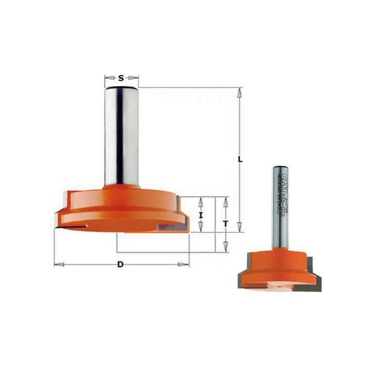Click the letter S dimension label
[x=121, y=78]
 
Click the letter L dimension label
[x=240, y=159]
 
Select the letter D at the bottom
[x=121, y=265]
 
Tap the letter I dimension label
[x=201, y=215]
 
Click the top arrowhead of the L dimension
[x=239, y=93]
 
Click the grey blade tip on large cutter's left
[x=59, y=218]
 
